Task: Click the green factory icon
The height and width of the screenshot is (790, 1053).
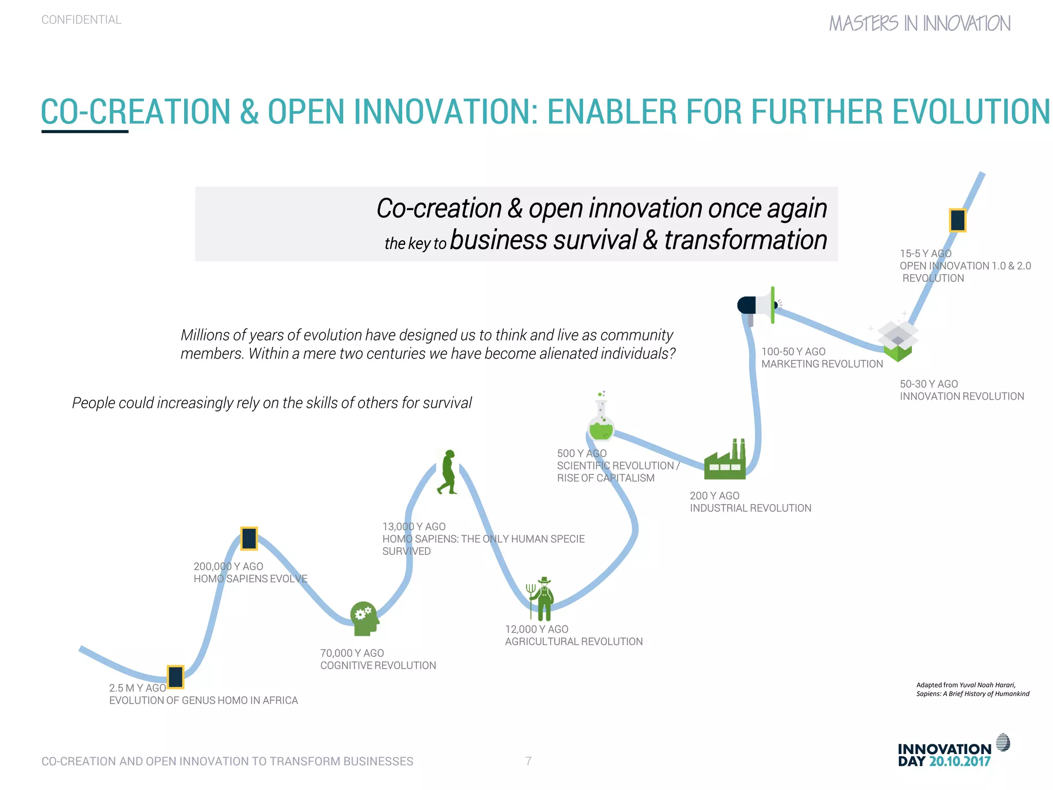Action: pyautogui.click(x=725, y=460)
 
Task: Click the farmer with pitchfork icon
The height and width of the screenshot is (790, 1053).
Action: pyautogui.click(x=541, y=599)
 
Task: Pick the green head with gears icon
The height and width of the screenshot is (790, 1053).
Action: pyautogui.click(x=364, y=618)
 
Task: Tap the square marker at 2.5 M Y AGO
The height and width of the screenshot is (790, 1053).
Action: pyautogui.click(x=175, y=677)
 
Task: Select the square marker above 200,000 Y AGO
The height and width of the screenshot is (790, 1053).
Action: pyautogui.click(x=249, y=538)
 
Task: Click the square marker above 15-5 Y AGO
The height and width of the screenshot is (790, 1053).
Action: pyautogui.click(x=957, y=220)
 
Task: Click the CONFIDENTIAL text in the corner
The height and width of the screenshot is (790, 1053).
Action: pyautogui.click(x=81, y=20)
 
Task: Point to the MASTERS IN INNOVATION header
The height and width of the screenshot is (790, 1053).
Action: pyautogui.click(x=919, y=24)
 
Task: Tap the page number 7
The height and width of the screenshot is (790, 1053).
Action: pyautogui.click(x=528, y=761)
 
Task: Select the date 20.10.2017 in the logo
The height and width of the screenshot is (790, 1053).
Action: pyautogui.click(x=959, y=762)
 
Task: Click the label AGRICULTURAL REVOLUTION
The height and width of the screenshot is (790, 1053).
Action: pyautogui.click(x=574, y=641)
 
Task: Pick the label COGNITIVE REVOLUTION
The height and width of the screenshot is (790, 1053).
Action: pyautogui.click(x=378, y=666)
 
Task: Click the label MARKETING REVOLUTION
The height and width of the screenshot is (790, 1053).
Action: pyautogui.click(x=822, y=364)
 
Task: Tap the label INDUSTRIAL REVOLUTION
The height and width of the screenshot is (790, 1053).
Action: pyautogui.click(x=750, y=508)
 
